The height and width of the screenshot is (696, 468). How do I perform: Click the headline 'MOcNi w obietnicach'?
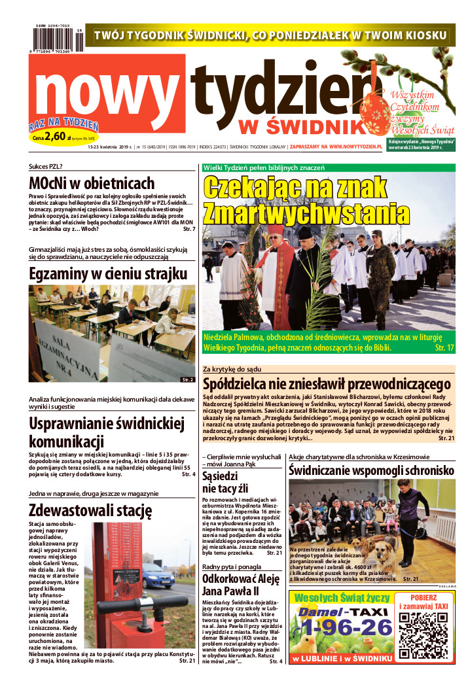pyautogui.click(x=92, y=183)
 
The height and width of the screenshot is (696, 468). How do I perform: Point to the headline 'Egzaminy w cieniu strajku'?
pyautogui.click(x=99, y=273)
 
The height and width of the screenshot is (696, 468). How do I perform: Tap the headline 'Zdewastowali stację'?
pyautogui.click(x=90, y=509)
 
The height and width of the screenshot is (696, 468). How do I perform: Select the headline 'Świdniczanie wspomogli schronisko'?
pyautogui.click(x=371, y=470)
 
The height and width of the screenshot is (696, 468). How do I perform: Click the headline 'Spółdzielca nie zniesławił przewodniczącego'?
pyautogui.click(x=327, y=384)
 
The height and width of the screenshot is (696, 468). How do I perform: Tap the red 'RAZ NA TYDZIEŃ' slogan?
pyautogui.click(x=63, y=124)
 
